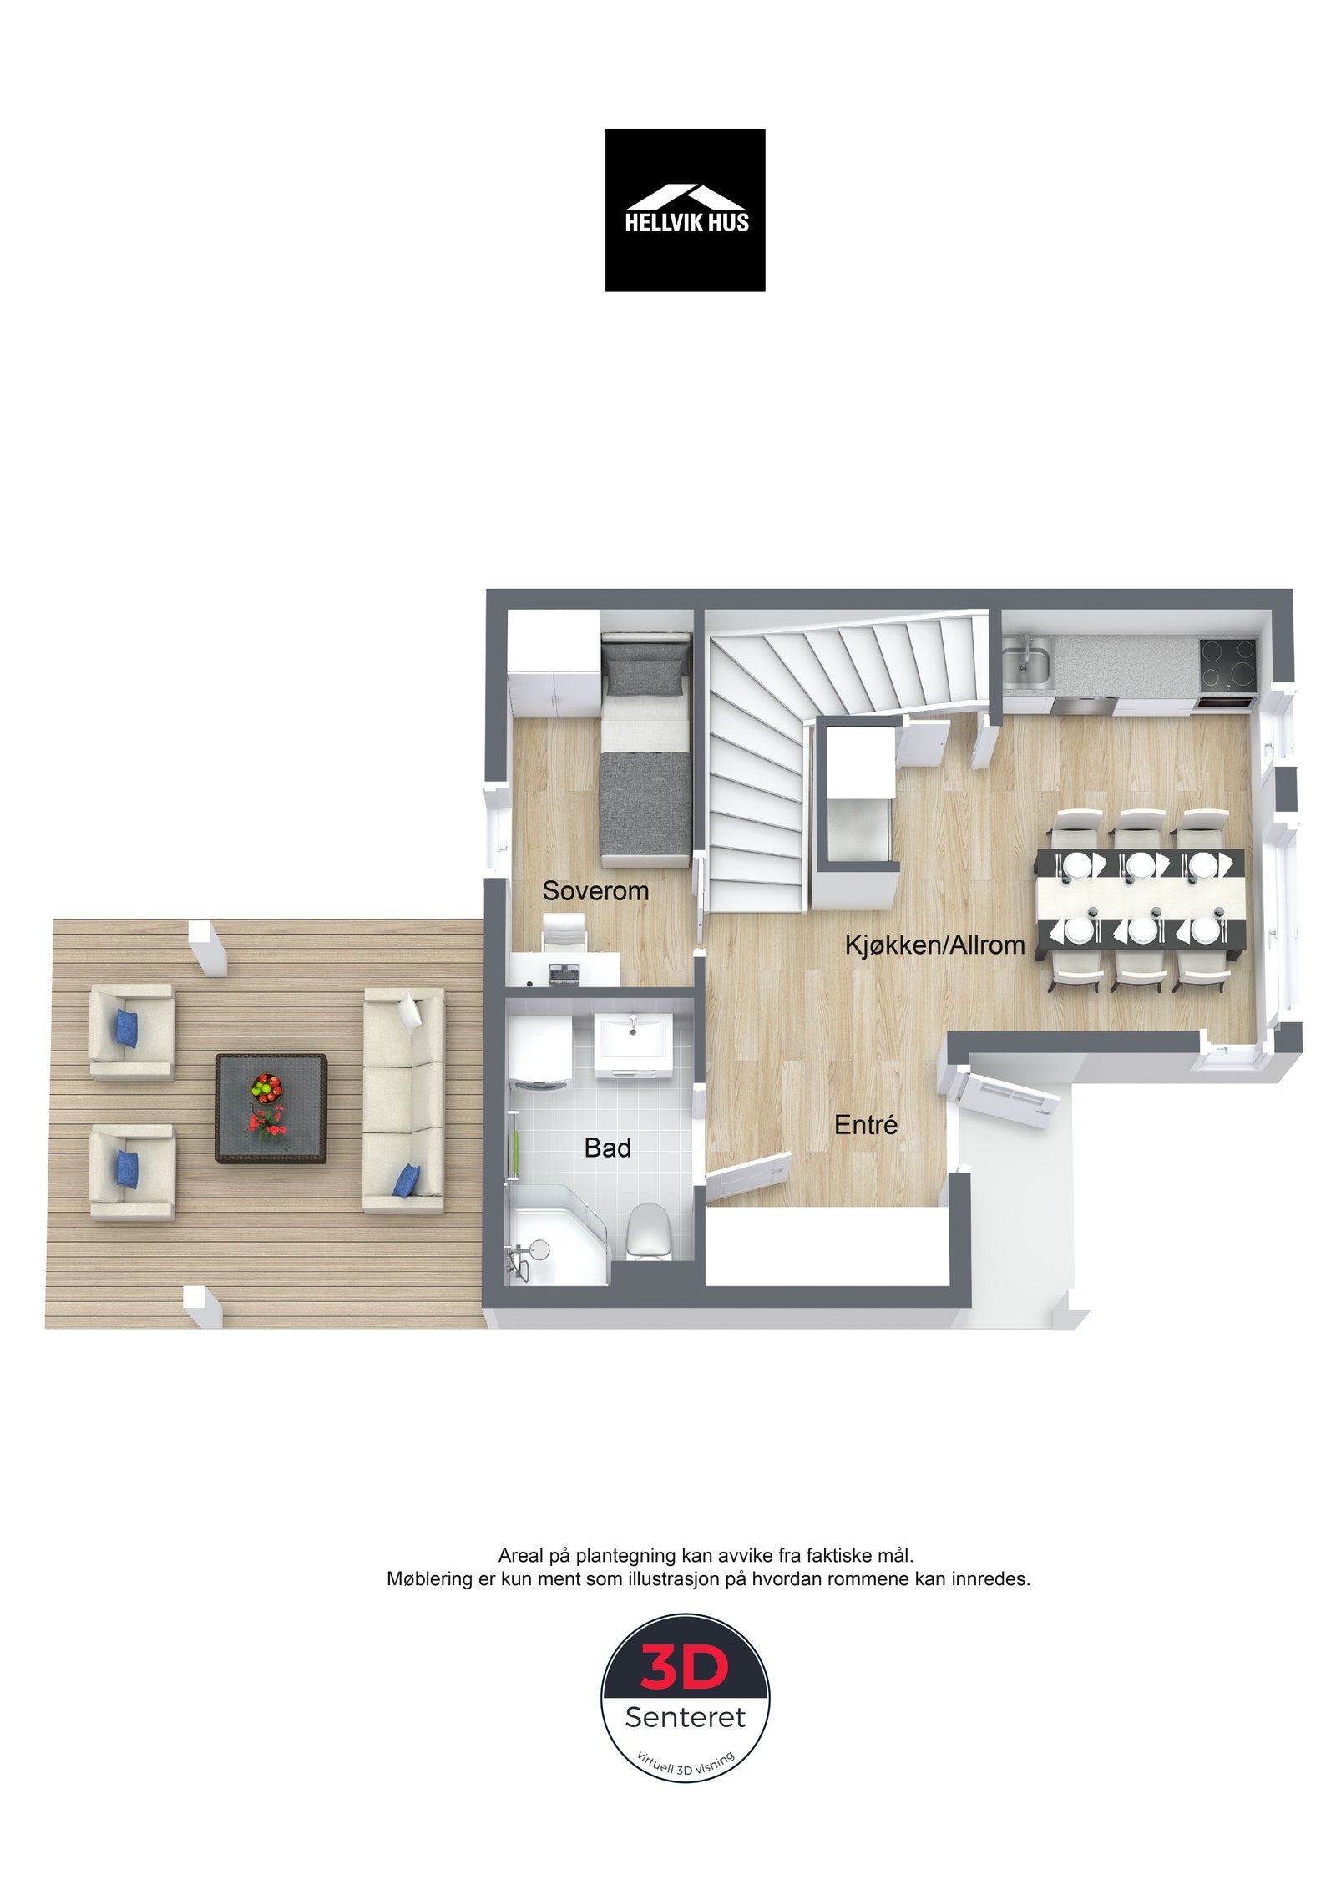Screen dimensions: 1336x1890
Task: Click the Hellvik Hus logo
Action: (x=685, y=210)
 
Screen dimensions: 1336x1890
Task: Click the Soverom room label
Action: (x=595, y=890)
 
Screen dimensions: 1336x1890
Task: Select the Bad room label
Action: (x=607, y=1148)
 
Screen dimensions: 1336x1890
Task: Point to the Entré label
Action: (x=866, y=1124)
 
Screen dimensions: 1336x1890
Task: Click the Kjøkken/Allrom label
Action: (x=934, y=945)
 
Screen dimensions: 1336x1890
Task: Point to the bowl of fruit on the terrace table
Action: (x=266, y=1087)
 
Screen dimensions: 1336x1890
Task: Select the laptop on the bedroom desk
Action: (x=565, y=972)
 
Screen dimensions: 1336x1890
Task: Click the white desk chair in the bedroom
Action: (x=564, y=930)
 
